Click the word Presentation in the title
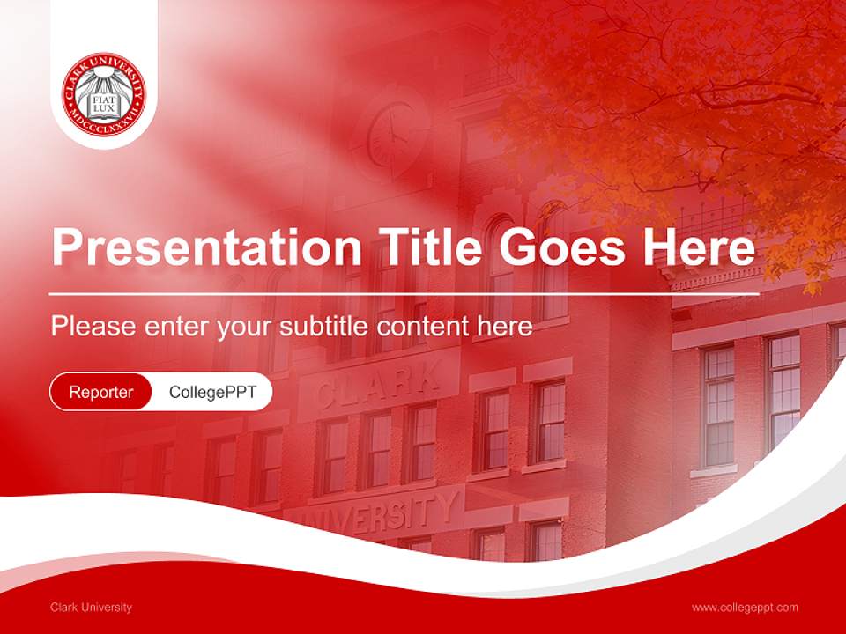[207, 247]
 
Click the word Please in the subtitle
[93, 327]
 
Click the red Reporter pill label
[101, 392]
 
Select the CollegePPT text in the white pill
[212, 392]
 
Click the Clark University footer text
[91, 608]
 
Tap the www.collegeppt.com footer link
[745, 608]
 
